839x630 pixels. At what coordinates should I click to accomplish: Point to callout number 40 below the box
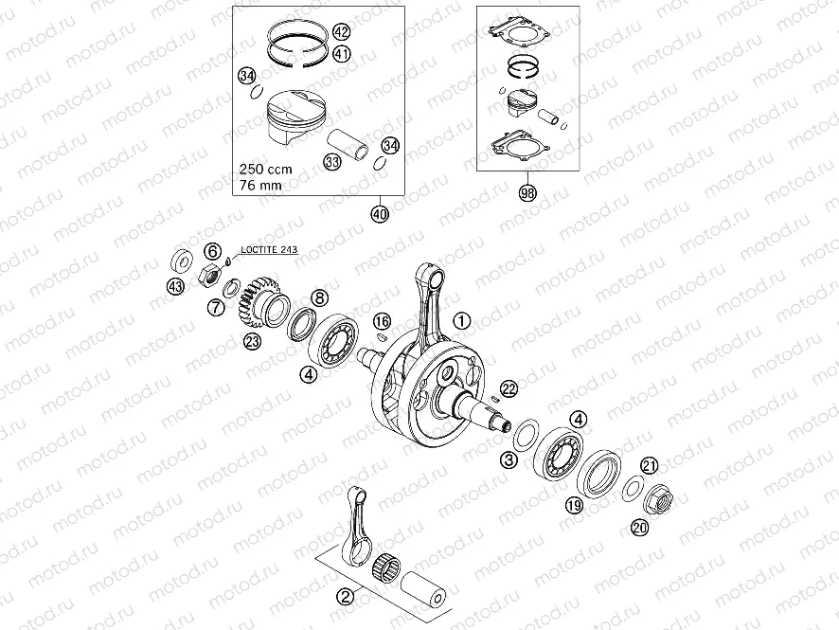[380, 213]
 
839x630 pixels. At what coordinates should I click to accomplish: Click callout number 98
[527, 194]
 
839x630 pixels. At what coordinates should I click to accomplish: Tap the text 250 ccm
[265, 168]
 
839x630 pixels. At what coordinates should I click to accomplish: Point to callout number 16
[381, 320]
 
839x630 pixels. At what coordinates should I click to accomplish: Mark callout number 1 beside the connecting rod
[460, 320]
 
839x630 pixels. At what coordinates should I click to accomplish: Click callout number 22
[509, 387]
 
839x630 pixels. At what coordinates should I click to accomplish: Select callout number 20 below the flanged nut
[641, 528]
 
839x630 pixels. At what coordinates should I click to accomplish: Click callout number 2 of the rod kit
[346, 596]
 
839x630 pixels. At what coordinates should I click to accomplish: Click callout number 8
[320, 298]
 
